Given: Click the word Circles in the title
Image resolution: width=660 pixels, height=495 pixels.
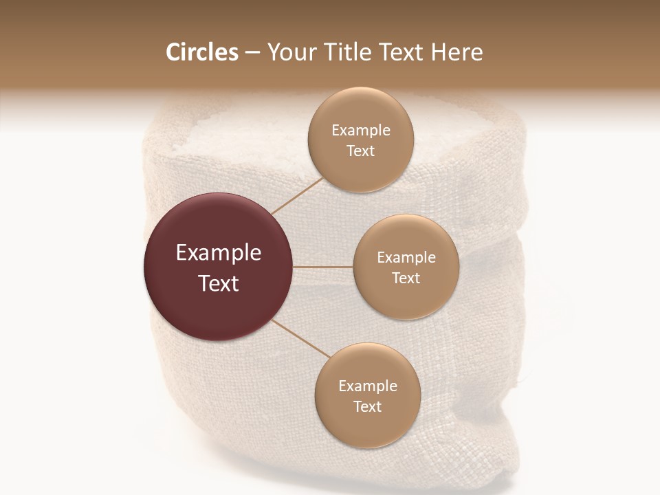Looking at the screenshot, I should click(x=202, y=52).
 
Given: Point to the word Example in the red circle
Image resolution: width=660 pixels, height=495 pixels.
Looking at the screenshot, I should click(x=219, y=253).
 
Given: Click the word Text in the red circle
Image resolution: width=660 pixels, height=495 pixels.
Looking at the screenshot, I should click(x=219, y=283).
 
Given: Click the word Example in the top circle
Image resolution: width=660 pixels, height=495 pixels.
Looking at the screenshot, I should click(x=360, y=131).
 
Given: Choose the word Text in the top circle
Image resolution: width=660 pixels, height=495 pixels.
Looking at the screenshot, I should click(x=360, y=151).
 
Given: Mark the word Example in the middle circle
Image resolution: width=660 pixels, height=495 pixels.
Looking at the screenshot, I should click(x=406, y=258).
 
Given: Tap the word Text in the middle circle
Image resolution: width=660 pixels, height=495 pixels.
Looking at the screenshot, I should click(x=406, y=278).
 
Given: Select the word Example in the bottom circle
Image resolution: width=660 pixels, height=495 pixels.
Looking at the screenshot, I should click(x=367, y=386).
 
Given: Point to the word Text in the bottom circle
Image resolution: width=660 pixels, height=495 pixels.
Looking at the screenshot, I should click(x=367, y=407).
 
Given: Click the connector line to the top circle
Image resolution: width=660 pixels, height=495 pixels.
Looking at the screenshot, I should click(x=297, y=195).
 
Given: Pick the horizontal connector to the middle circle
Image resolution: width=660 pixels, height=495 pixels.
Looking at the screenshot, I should click(x=323, y=266).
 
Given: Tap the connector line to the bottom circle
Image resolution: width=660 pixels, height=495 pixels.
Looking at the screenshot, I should click(x=301, y=338).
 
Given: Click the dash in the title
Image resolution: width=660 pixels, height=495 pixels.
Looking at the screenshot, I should click(x=252, y=53).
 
